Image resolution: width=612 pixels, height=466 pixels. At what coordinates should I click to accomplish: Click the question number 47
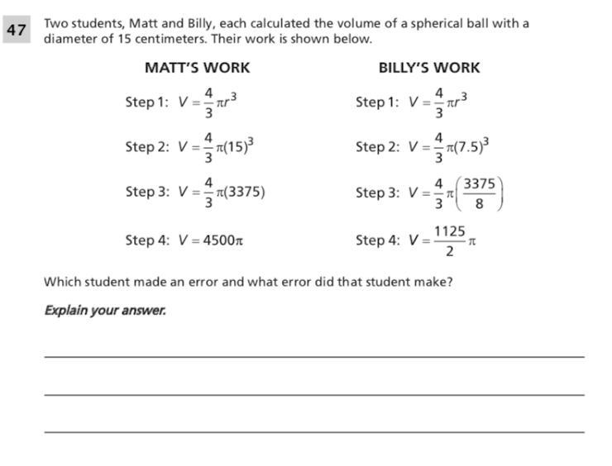(x=16, y=31)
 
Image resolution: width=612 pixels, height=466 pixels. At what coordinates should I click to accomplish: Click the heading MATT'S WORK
(x=197, y=68)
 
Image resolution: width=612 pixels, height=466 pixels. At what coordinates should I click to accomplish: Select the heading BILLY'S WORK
(x=428, y=68)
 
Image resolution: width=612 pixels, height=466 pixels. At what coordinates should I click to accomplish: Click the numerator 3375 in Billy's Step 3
(x=480, y=183)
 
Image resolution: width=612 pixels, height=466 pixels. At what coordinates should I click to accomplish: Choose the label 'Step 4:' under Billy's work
(x=377, y=240)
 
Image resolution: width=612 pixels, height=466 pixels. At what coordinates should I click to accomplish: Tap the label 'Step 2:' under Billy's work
(x=377, y=148)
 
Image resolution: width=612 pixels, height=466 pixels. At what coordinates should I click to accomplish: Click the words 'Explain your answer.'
(x=105, y=311)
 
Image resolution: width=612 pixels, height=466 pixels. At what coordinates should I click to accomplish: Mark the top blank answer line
(x=313, y=356)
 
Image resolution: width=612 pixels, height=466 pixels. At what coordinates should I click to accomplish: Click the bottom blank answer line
(x=313, y=431)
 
